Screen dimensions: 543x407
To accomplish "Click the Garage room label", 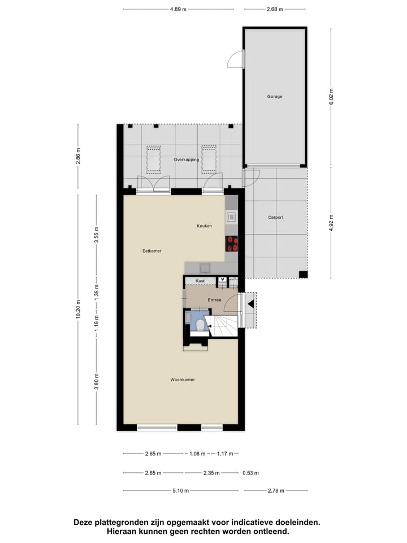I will click(275, 96).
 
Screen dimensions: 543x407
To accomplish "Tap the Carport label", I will click(275, 217).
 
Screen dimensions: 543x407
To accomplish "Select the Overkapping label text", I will click(186, 160).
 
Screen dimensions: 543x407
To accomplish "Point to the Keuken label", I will click(204, 226).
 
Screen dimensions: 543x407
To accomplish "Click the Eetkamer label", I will click(152, 251).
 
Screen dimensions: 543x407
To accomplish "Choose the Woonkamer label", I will click(182, 380).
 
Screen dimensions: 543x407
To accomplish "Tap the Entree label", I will click(214, 300).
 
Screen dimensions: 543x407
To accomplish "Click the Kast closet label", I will click(200, 281).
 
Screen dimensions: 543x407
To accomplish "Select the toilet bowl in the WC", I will click(200, 324).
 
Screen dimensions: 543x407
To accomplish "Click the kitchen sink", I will click(231, 217).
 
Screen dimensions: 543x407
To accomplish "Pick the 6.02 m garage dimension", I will click(332, 97).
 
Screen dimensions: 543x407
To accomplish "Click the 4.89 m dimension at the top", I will click(179, 10).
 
